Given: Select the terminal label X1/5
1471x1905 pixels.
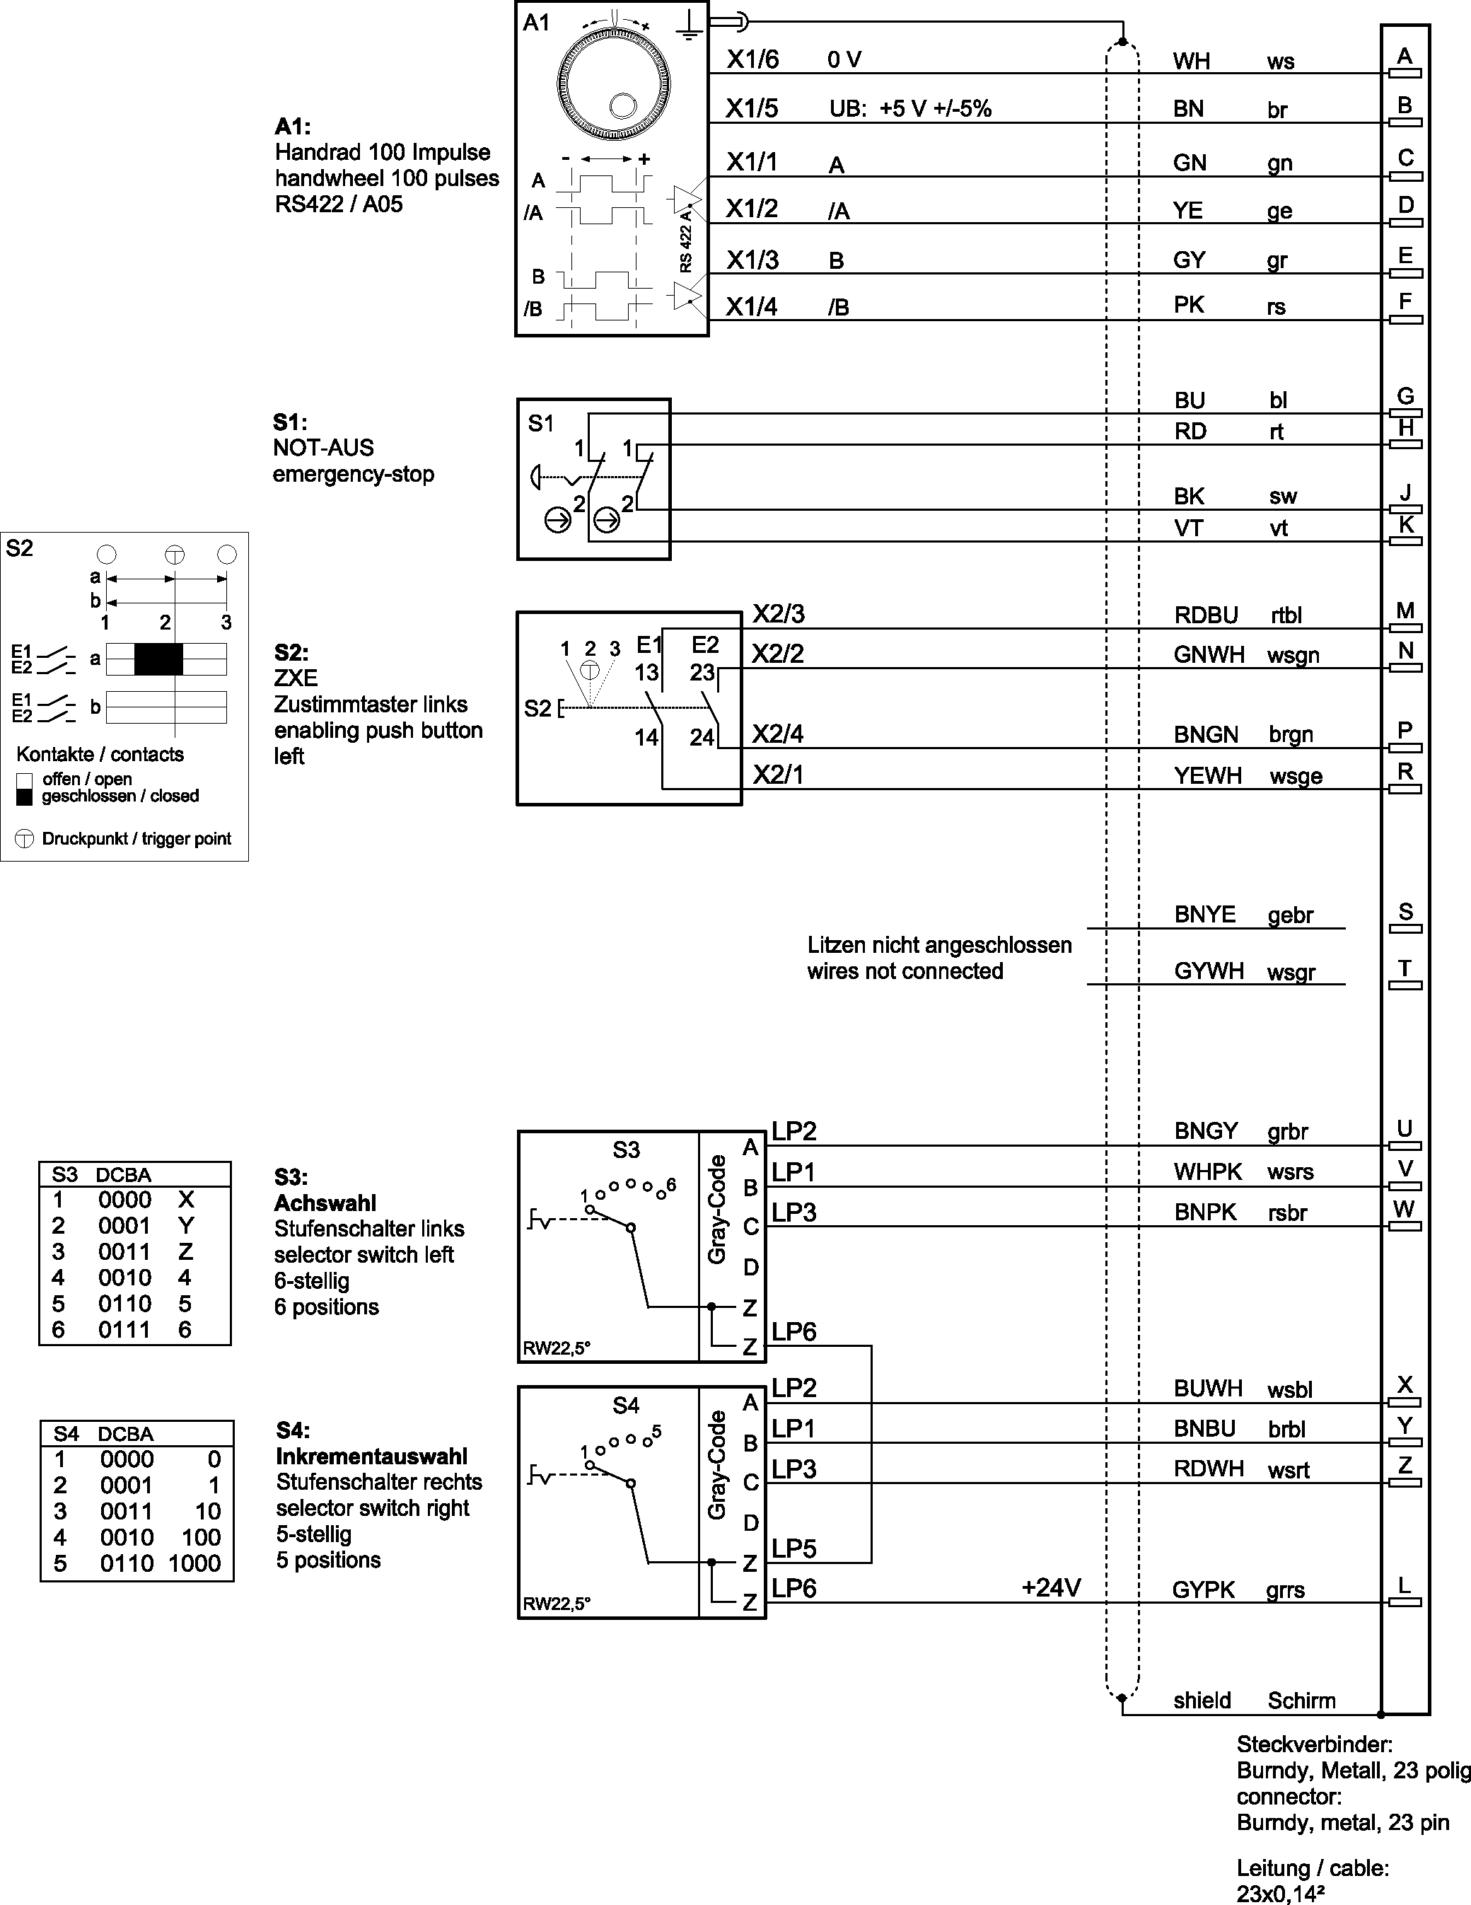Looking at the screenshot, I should click(752, 108).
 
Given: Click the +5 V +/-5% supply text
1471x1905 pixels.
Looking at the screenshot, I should click(935, 108).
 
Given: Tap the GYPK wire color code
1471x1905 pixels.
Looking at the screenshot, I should click(1203, 1590).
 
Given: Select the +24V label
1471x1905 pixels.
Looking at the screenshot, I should click(1051, 1587).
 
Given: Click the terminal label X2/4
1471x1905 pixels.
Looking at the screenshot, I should click(778, 734).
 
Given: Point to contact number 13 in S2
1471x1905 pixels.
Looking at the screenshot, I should click(646, 673).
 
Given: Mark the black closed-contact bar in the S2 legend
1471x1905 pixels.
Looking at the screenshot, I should click(158, 659).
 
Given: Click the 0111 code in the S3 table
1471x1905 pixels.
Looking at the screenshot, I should click(124, 1329).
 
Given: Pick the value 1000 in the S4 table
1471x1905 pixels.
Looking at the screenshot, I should click(194, 1563).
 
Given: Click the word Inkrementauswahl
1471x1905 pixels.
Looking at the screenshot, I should click(371, 1456).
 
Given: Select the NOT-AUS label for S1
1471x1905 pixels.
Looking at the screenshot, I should click(323, 448).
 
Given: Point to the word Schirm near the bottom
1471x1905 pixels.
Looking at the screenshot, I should click(1301, 1700).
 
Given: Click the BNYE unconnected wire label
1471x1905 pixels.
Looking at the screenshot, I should click(1204, 914).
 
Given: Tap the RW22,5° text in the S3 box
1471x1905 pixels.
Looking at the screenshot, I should click(557, 1348).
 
